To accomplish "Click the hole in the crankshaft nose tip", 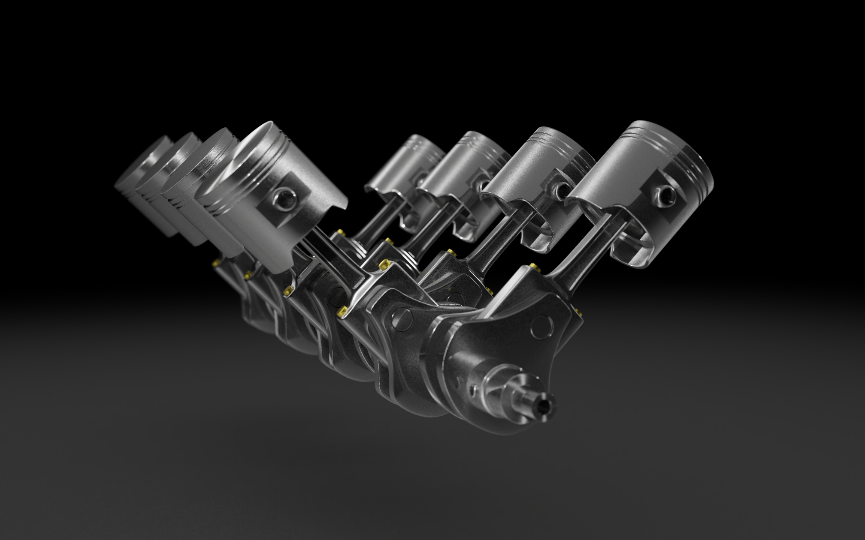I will click(x=545, y=405).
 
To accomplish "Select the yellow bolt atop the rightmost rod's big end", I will click(x=532, y=267).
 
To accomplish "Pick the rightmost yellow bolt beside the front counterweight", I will click(x=581, y=312).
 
